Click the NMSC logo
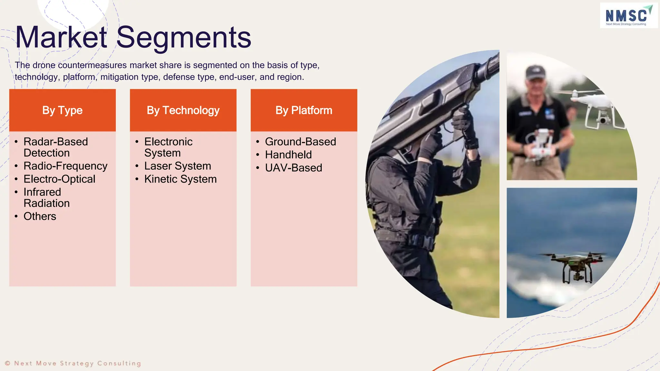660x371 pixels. pos(628,15)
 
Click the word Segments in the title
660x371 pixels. pos(183,38)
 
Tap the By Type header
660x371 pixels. pos(62,110)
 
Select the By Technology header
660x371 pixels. pos(183,110)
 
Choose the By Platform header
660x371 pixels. pos(304,110)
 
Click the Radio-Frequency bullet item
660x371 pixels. pos(65,166)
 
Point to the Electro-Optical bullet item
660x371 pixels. pos(59,179)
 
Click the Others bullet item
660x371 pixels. pos(40,216)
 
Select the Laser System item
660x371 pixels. pos(178,166)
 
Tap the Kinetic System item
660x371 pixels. pos(180,179)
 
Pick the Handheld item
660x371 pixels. pos(288,155)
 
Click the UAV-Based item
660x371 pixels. pos(293,168)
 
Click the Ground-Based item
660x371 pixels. pos(300,142)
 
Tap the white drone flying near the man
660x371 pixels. pos(593,106)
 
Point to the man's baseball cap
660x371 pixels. pos(535,72)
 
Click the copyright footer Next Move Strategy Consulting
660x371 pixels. pos(73,364)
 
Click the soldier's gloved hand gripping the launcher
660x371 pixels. pos(462,122)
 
